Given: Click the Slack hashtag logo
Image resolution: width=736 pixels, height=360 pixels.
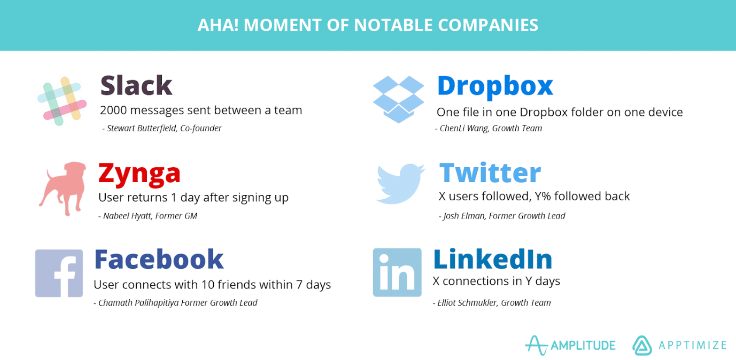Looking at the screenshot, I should point(62,101).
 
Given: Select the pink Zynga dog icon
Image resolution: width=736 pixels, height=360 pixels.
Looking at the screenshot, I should point(64,188).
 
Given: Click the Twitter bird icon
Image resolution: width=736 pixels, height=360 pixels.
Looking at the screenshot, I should point(399,183).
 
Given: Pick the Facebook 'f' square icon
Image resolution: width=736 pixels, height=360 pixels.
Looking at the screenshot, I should point(59,273).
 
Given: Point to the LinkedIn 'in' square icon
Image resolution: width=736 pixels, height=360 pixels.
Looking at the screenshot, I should point(397,272).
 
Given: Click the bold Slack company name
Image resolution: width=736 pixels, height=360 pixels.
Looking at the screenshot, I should point(136,85).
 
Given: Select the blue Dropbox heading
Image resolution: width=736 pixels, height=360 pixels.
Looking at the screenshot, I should point(495,86).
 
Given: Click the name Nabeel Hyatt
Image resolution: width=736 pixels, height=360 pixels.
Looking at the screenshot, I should point(127,216).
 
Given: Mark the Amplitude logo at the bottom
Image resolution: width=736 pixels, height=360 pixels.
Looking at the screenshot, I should point(570,345).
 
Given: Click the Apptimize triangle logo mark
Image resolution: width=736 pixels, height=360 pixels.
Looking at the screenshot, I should point(642,346).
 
